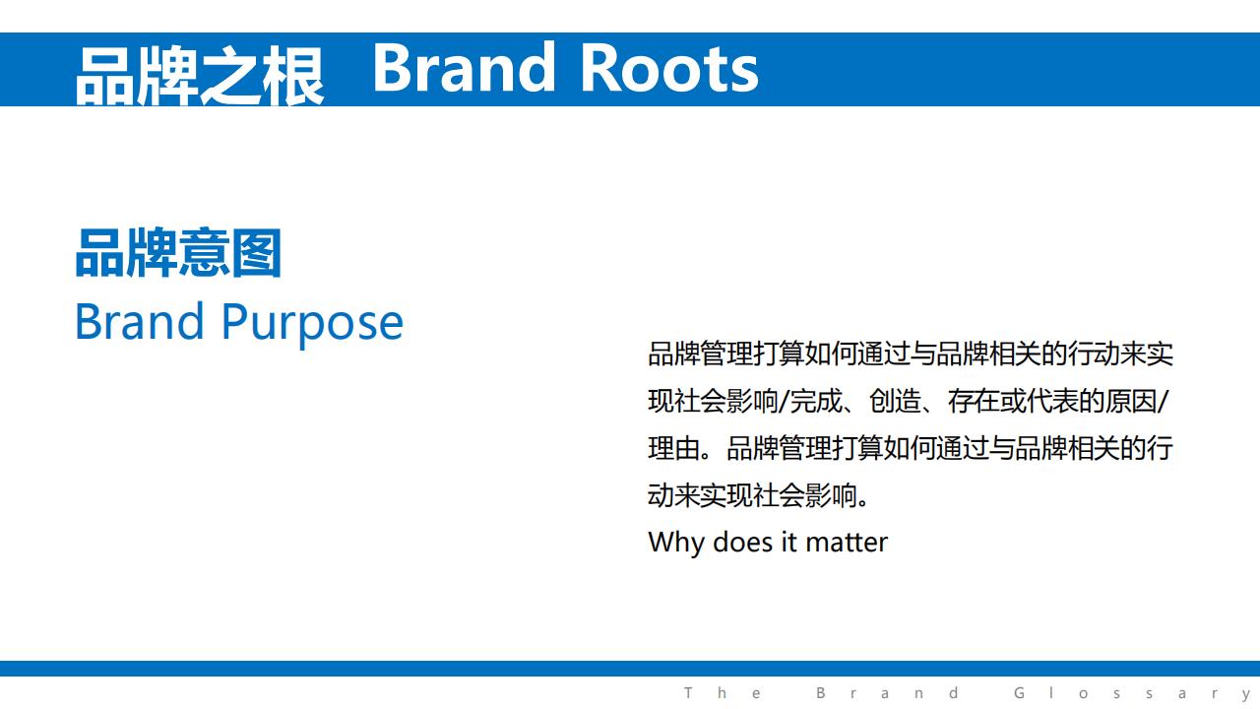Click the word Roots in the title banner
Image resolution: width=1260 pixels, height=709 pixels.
(x=668, y=69)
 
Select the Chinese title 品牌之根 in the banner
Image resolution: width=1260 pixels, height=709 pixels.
(x=200, y=76)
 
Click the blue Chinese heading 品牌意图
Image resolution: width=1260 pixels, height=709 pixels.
(x=178, y=253)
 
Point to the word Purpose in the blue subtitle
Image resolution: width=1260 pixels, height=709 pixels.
(x=312, y=323)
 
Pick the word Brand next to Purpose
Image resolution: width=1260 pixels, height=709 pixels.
(x=139, y=321)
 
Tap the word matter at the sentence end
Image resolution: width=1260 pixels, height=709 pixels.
(x=847, y=543)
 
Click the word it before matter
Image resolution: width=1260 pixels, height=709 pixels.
(x=789, y=543)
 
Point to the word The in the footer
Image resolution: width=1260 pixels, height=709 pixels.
(x=723, y=692)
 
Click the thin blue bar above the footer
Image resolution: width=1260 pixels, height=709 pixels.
(x=630, y=669)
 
